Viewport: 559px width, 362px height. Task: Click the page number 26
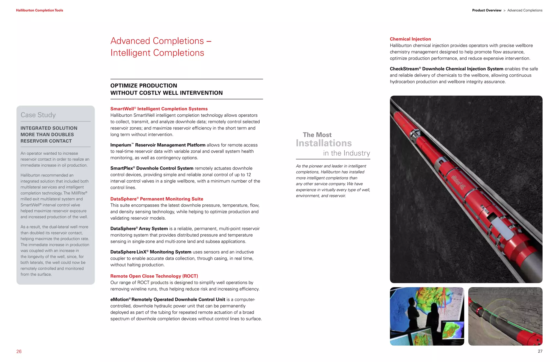[19, 351]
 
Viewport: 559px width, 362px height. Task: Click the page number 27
[540, 351]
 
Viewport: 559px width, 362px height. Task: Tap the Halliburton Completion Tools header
[40, 10]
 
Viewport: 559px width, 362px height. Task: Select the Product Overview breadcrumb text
[486, 10]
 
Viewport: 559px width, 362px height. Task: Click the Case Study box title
[38, 115]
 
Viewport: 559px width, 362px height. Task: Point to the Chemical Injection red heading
[410, 39]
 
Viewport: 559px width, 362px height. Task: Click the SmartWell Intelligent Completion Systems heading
[159, 109]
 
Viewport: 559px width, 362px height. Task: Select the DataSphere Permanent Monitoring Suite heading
[157, 199]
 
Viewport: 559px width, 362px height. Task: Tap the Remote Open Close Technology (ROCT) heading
[154, 276]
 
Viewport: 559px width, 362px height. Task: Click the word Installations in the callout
[324, 143]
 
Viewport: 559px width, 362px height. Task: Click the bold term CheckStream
[404, 69]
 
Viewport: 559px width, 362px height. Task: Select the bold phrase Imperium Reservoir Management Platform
[158, 145]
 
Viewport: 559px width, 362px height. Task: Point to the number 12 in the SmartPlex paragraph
[248, 175]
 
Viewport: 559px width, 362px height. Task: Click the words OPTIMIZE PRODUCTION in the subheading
[144, 86]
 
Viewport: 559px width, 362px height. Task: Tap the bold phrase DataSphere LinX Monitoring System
[151, 252]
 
